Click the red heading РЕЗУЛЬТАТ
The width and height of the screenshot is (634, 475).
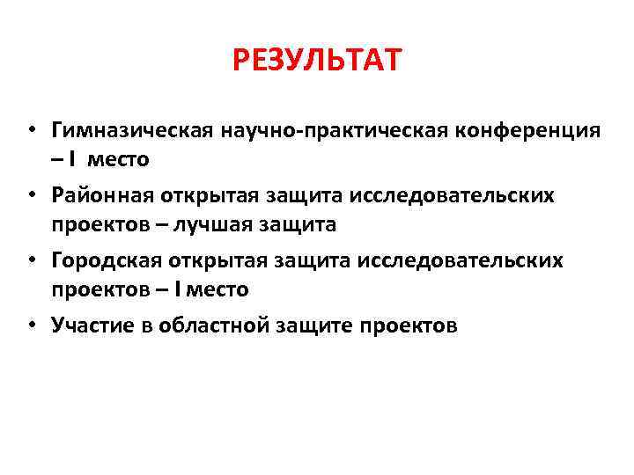pyautogui.click(x=317, y=62)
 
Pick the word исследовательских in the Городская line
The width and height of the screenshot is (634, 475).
pyautogui.click(x=472, y=260)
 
